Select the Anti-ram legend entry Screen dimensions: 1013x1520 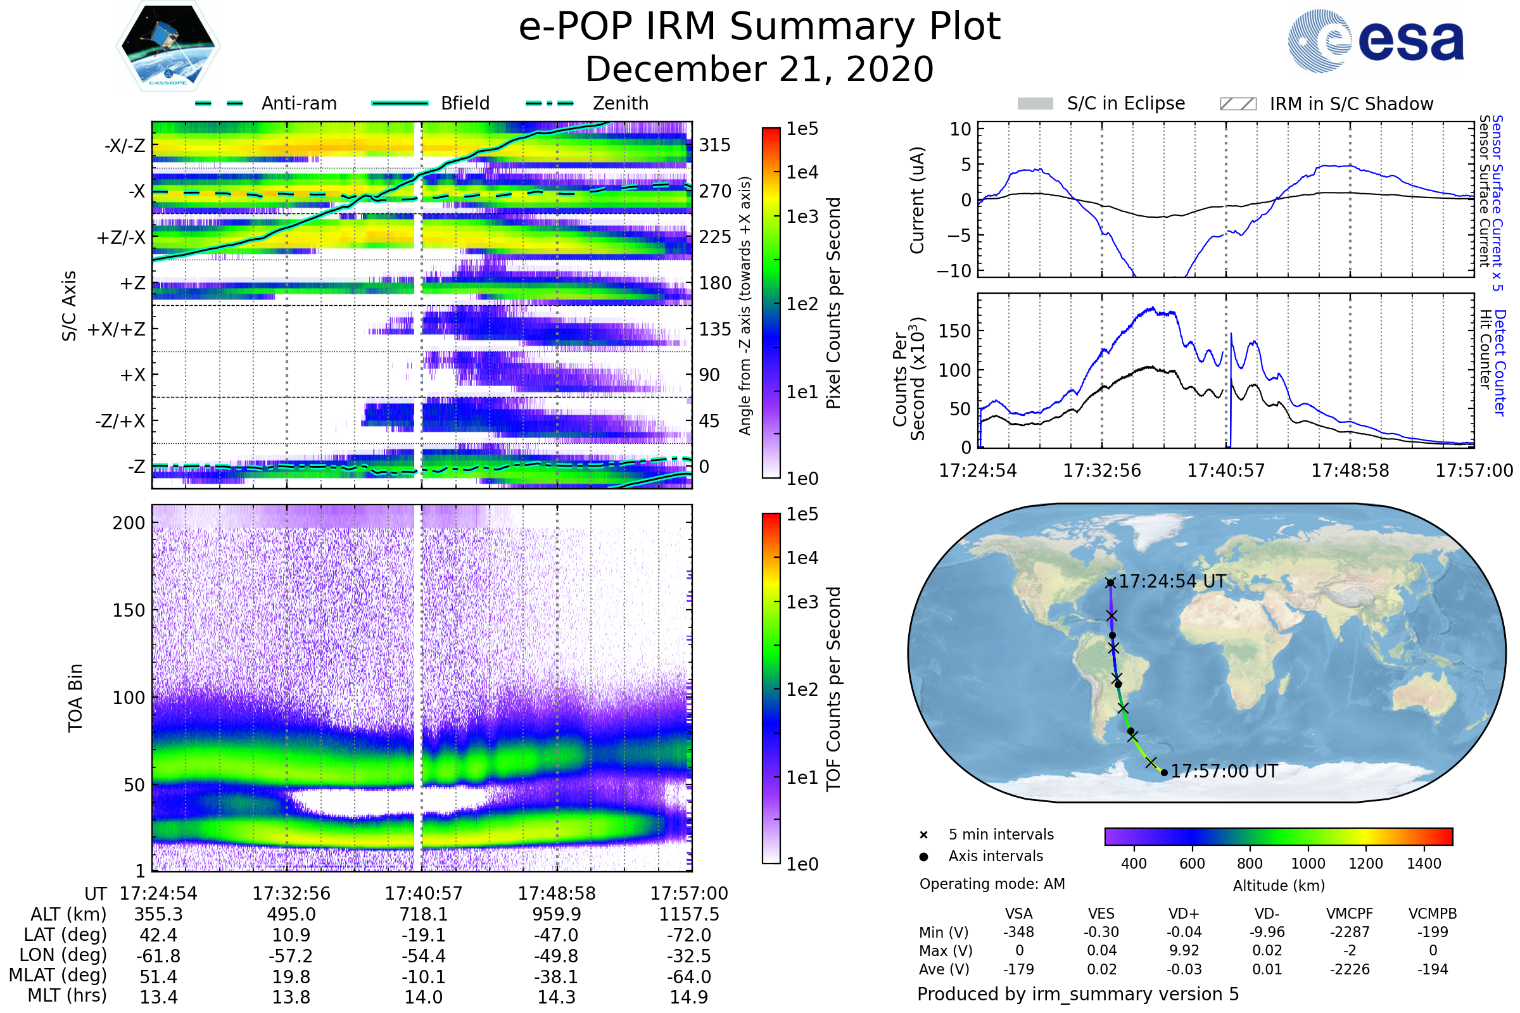(298, 103)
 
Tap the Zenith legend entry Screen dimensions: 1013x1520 (620, 103)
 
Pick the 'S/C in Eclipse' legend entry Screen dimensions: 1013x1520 (1125, 103)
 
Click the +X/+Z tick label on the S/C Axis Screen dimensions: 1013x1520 (117, 329)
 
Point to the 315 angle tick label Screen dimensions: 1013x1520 (714, 145)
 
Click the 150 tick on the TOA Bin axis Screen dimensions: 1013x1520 (129, 610)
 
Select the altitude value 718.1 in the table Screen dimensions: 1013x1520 (423, 914)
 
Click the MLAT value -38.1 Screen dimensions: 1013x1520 (556, 977)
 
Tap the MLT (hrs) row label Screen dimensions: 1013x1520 (67, 995)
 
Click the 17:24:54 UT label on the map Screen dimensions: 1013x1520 (1172, 581)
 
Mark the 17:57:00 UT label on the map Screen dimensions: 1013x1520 (1224, 771)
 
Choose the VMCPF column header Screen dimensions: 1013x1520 (1350, 914)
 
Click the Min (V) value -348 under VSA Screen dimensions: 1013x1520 (1018, 932)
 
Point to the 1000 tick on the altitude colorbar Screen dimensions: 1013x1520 (1307, 864)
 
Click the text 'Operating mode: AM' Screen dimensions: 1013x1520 (992, 884)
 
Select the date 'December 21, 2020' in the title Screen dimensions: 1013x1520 (759, 69)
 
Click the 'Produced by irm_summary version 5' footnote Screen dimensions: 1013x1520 (1078, 994)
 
